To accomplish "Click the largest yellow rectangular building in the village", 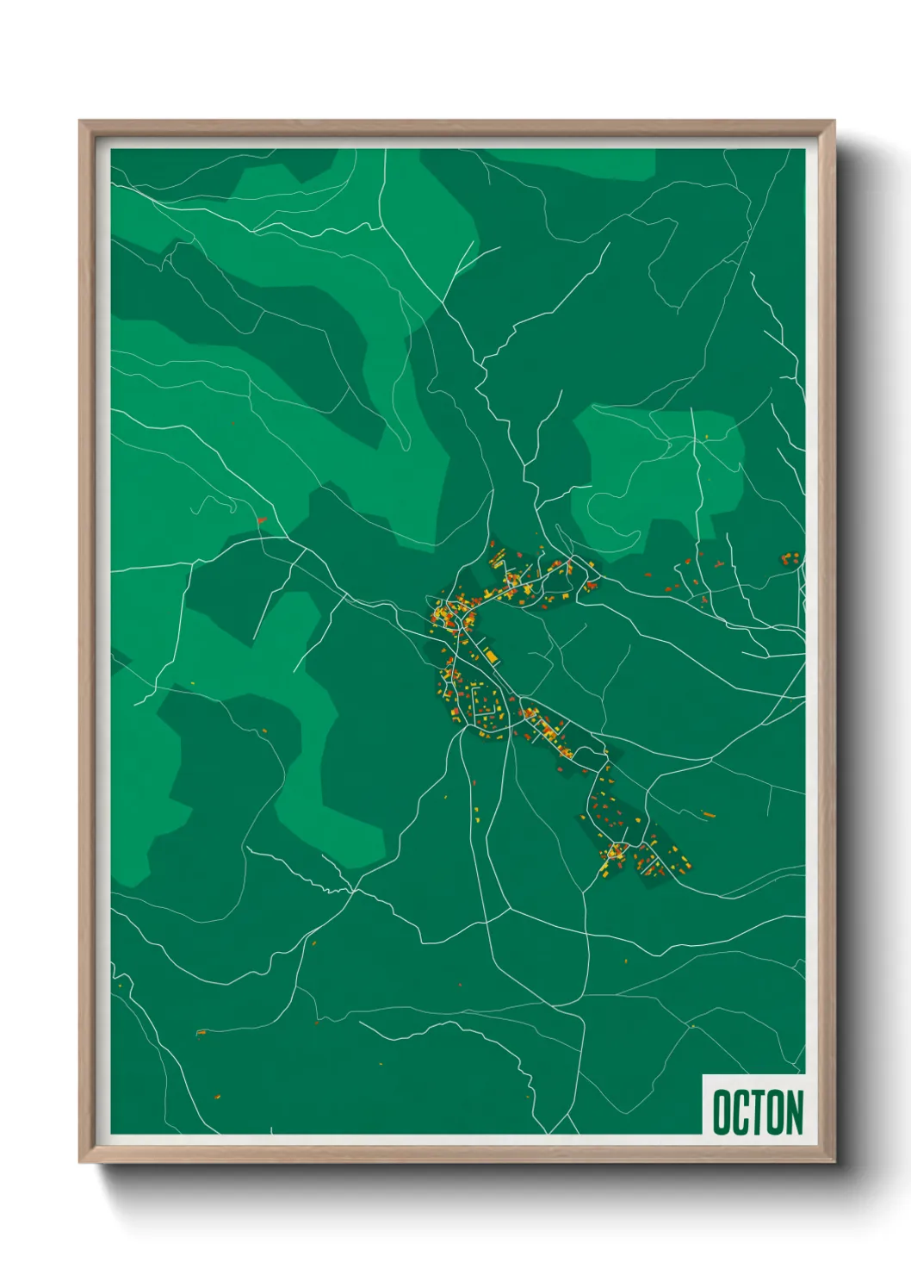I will click(491, 657).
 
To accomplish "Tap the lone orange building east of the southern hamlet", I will click(708, 813).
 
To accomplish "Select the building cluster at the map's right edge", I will click(790, 559).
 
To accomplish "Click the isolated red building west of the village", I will click(263, 520).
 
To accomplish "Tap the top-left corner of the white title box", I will click(703, 1075).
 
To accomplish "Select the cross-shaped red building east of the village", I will click(718, 564).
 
